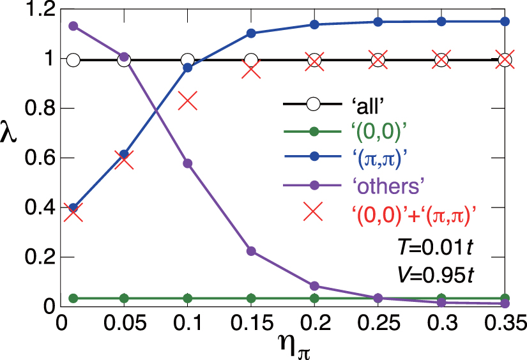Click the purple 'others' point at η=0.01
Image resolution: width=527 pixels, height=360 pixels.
[x=73, y=26]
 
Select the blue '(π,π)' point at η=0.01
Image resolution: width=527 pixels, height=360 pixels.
[x=73, y=207]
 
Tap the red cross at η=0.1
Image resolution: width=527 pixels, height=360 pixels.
[x=187, y=101]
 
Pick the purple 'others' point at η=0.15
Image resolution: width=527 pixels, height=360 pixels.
[x=251, y=251]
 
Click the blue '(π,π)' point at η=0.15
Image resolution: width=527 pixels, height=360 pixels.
[x=251, y=33]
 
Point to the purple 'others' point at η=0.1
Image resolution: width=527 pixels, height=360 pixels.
[x=187, y=163]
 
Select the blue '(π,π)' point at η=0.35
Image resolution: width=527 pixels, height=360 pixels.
[x=505, y=21]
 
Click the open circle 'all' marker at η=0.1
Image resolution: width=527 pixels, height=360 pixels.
[x=187, y=61]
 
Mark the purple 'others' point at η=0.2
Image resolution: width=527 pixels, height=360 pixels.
[x=314, y=286]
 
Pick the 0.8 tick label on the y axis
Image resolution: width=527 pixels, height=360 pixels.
[x=38, y=109]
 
